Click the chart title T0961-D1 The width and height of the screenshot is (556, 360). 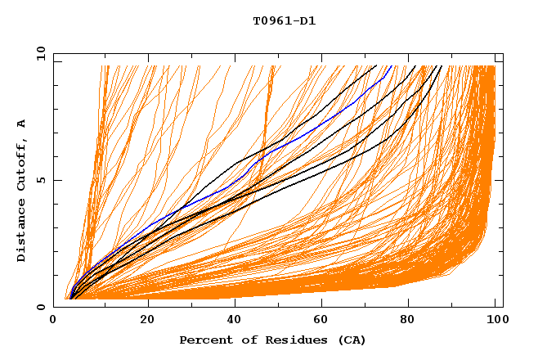pos(284,20)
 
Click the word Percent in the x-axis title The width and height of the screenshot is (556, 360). pos(203,340)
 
